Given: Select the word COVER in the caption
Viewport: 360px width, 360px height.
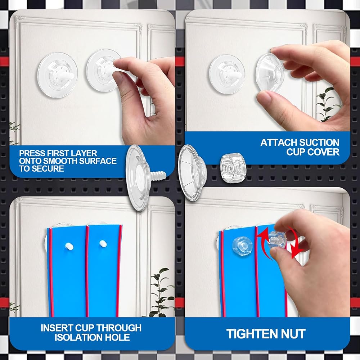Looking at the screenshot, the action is [325, 152].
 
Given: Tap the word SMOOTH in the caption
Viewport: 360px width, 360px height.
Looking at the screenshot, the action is [60, 161].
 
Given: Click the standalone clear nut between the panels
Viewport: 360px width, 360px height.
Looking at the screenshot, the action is [233, 168].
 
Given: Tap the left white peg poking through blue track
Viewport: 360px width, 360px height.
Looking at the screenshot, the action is [69, 246].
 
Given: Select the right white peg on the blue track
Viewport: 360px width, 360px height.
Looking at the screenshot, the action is [103, 244].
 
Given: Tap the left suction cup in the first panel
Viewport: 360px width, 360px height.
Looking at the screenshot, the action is [57, 75].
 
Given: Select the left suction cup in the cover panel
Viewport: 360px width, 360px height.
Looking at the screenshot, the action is [227, 74].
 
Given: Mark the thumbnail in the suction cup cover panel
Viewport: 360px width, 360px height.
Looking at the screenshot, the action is [264, 97].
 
